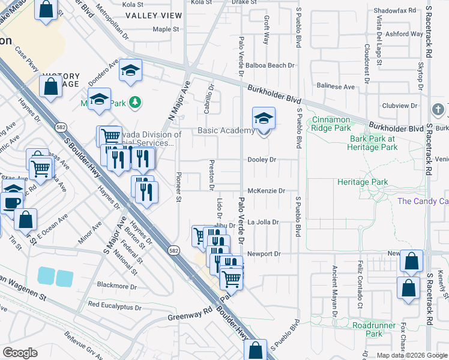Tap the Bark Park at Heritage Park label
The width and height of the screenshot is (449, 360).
point(374,143)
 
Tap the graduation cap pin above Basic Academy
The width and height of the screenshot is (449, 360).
point(263,119)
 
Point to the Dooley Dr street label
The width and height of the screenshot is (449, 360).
point(262,160)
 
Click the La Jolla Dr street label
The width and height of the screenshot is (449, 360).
point(264,222)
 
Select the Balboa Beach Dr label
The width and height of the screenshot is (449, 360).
point(271,65)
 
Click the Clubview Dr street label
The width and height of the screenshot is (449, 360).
point(399,106)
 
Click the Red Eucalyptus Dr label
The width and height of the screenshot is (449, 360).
point(115,305)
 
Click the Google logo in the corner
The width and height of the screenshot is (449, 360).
point(20,352)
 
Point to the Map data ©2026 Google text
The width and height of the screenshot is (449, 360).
point(411,355)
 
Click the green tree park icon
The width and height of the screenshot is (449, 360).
point(136,103)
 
